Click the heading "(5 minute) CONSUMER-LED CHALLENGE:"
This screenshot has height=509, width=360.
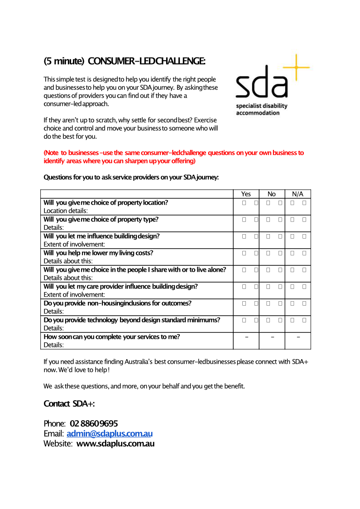(x=124, y=61)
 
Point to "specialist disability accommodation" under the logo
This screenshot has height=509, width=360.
(x=261, y=109)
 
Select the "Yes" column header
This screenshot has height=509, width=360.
(x=246, y=194)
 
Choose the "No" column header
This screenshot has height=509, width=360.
(x=272, y=194)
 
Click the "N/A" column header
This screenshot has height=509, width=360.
(x=298, y=194)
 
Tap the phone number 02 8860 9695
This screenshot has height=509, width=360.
(x=94, y=423)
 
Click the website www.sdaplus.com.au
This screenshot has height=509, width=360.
(x=115, y=444)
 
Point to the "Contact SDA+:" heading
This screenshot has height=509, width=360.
(x=69, y=403)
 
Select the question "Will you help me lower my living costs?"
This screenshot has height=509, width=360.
(x=98, y=253)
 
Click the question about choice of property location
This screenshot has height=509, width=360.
(x=106, y=202)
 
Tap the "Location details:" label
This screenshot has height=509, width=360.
(x=65, y=211)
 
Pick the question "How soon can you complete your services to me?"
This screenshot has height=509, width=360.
(x=111, y=336)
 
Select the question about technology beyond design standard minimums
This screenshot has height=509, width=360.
(x=132, y=320)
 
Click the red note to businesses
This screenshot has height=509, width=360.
(x=173, y=157)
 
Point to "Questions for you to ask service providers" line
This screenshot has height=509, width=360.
(x=131, y=177)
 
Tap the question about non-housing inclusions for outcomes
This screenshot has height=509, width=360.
(x=117, y=303)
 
